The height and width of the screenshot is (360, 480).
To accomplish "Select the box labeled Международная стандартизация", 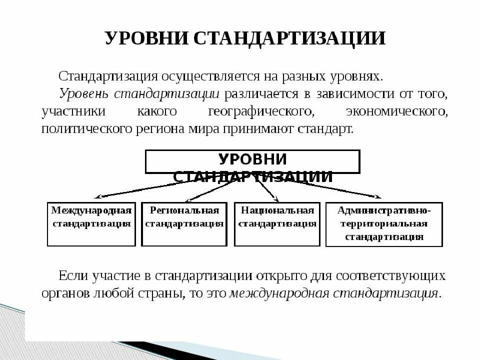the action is tap(91, 223).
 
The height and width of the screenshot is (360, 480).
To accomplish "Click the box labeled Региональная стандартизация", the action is tap(184, 223).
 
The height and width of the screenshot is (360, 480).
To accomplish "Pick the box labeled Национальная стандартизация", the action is tap(277, 223).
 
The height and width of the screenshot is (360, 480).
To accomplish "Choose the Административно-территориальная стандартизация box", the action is tap(384, 224).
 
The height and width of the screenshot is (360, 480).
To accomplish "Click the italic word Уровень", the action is tap(83, 94).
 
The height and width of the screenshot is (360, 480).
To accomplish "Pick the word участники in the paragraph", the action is tap(74, 111).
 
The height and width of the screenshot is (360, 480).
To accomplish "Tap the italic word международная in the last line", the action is tap(277, 293).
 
